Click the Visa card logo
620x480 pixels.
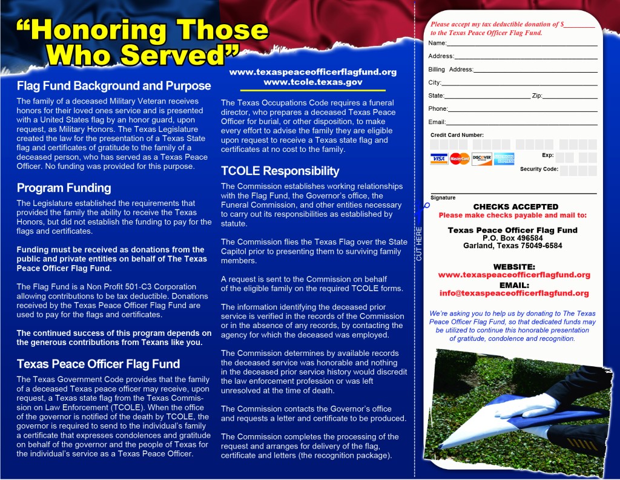[439, 159]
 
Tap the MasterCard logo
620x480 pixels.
[460, 159]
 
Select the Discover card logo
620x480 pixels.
[482, 159]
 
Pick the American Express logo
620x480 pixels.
[504, 159]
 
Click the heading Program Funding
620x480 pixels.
[64, 188]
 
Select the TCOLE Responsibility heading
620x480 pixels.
[280, 171]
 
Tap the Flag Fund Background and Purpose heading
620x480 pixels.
[113, 86]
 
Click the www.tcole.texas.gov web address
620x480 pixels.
[313, 82]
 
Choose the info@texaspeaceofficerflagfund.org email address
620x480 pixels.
[514, 293]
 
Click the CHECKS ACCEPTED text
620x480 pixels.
[515, 207]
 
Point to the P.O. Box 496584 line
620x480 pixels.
[513, 238]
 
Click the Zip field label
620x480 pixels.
[536, 96]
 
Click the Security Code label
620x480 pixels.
[539, 169]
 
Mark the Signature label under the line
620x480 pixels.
[443, 198]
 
